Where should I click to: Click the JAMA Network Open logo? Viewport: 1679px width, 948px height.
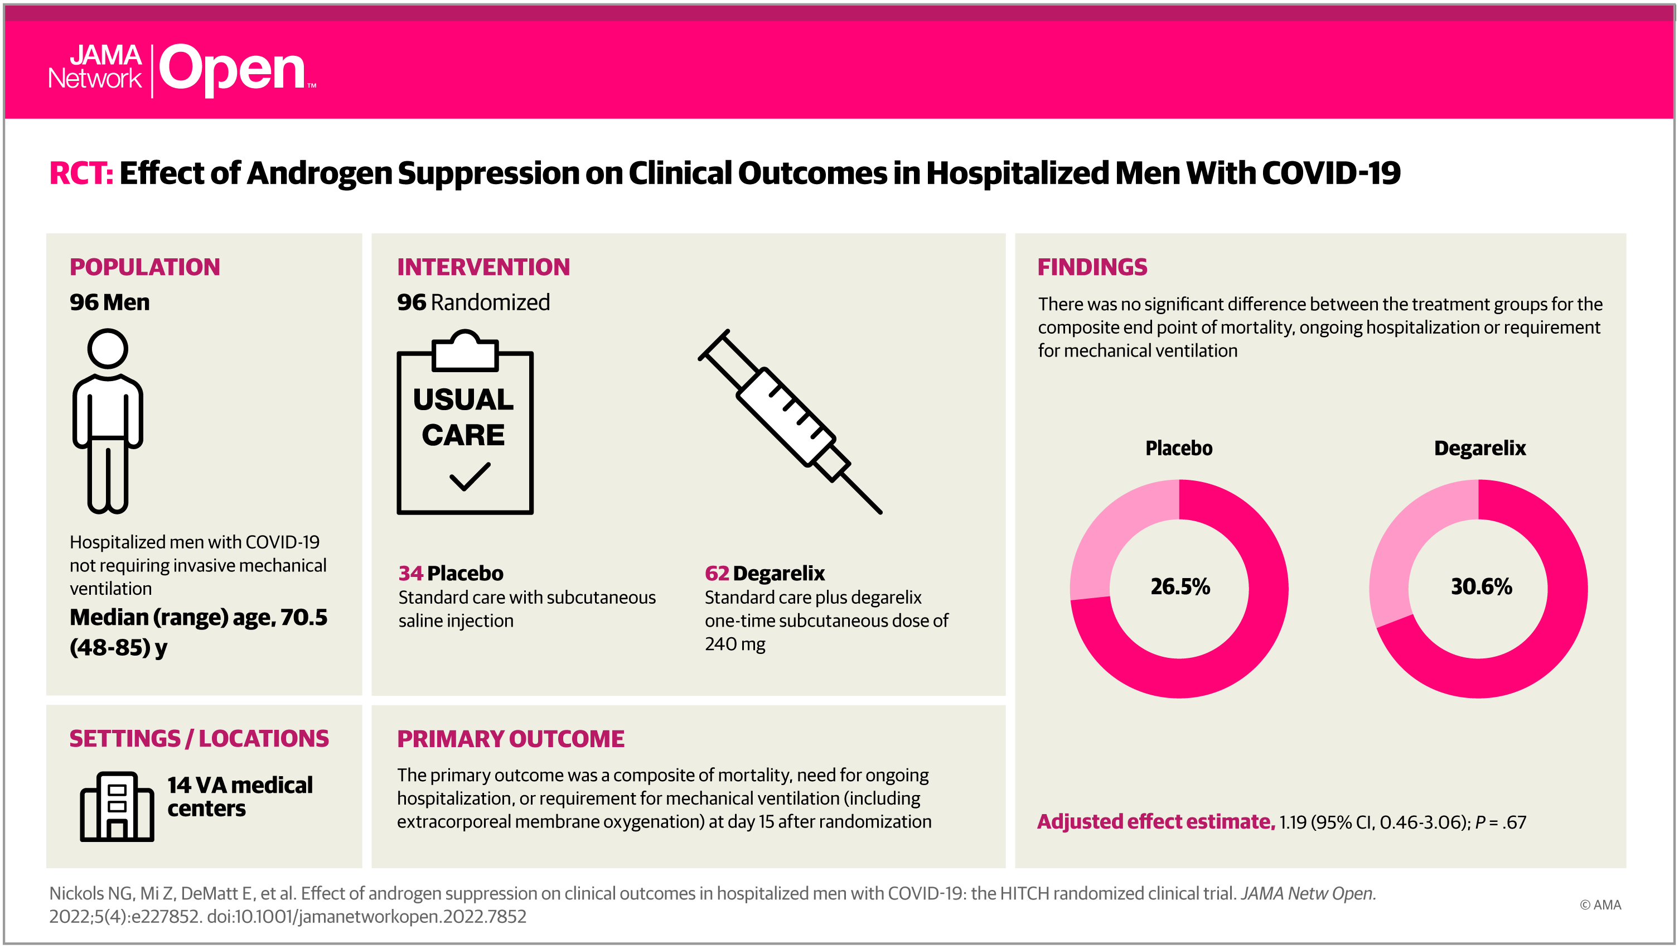tap(182, 70)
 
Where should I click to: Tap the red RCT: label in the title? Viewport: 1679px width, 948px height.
tap(81, 174)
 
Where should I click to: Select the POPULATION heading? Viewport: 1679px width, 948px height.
tap(144, 267)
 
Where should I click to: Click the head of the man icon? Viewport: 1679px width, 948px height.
tap(108, 349)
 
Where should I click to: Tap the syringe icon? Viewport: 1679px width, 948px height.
tap(790, 422)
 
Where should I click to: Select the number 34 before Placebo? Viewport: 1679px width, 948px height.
tap(410, 573)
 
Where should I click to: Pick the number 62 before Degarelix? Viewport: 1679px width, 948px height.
tap(717, 573)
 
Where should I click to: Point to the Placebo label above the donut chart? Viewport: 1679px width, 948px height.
tap(1179, 448)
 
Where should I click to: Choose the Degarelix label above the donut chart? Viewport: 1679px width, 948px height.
tap(1480, 448)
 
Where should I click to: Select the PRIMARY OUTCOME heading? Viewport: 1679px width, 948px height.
tap(511, 739)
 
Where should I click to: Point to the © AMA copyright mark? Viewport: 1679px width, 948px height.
tap(1600, 904)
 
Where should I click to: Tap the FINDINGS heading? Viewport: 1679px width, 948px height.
tap(1092, 267)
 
